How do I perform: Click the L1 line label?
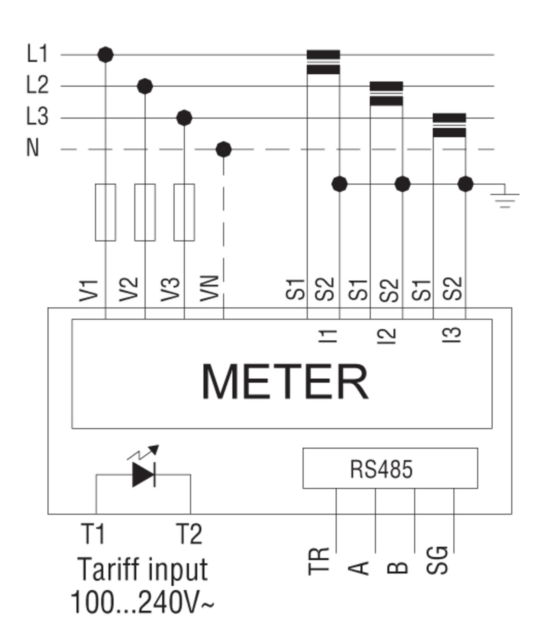click(x=37, y=54)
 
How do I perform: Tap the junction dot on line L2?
click(x=145, y=86)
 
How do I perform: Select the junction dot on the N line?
click(x=224, y=149)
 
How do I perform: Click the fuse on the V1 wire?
click(x=105, y=212)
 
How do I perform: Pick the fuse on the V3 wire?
click(x=184, y=212)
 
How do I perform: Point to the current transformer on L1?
click(x=323, y=62)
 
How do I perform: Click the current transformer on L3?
click(x=449, y=125)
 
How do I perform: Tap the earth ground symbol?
click(x=505, y=198)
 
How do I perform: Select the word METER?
click(x=285, y=382)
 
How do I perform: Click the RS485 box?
click(x=390, y=468)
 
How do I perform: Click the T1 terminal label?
click(x=94, y=534)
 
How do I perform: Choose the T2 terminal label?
click(x=189, y=534)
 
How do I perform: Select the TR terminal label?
click(x=319, y=561)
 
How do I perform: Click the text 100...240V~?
click(x=142, y=602)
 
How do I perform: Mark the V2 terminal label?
click(x=128, y=289)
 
